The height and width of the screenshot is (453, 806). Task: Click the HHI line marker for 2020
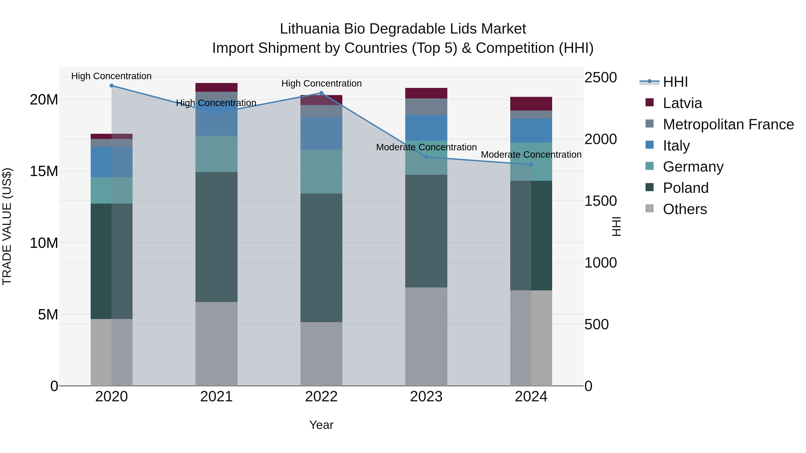(x=111, y=86)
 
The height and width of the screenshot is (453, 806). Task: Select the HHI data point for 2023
(x=426, y=157)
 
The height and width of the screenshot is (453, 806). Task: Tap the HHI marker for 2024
(x=531, y=165)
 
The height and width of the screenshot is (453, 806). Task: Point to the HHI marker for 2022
(x=321, y=93)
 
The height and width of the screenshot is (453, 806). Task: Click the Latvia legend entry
(x=682, y=103)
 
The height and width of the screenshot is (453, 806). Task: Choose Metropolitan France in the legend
(x=728, y=124)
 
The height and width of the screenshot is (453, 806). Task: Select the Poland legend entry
(x=685, y=188)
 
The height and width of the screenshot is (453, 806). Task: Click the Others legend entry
(x=685, y=209)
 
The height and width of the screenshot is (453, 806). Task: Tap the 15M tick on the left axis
(x=44, y=171)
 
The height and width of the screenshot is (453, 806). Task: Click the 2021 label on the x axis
(x=216, y=397)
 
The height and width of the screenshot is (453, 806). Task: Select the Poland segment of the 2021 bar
(x=216, y=237)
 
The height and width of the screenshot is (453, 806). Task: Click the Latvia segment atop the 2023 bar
(x=426, y=93)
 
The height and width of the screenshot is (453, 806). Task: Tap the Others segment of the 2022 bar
(x=321, y=354)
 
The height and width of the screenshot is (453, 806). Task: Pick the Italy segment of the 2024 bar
(x=531, y=130)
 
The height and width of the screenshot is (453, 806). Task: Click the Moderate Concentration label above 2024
(x=531, y=155)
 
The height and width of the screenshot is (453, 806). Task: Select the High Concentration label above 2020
(x=111, y=76)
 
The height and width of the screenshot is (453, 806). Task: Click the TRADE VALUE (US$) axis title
(x=7, y=226)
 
